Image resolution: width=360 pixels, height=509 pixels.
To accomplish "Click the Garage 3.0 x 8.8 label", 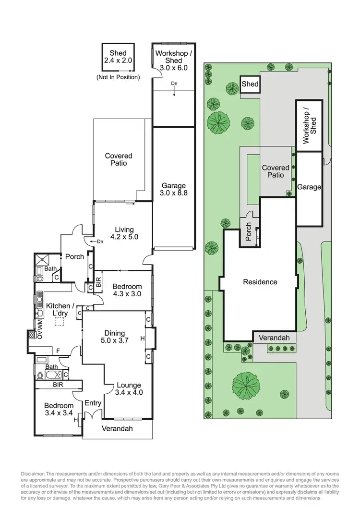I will pyautogui.click(x=173, y=190).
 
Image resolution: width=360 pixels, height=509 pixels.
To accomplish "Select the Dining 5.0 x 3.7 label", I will pyautogui.click(x=114, y=337).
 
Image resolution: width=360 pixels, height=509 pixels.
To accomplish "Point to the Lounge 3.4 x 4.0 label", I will pyautogui.click(x=128, y=389).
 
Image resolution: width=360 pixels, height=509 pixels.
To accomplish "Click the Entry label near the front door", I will pyautogui.click(x=93, y=403).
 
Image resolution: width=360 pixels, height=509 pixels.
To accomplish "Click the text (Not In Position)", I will pyautogui.click(x=118, y=77).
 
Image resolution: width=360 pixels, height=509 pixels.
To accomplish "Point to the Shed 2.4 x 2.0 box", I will pyautogui.click(x=118, y=57).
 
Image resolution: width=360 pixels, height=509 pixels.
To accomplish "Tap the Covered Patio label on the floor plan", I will pyautogui.click(x=119, y=159).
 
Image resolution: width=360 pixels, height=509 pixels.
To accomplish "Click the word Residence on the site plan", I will pyautogui.click(x=260, y=282).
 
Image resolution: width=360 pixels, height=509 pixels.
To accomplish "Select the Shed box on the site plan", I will pyautogui.click(x=250, y=84).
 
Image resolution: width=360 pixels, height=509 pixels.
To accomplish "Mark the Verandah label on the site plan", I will pyautogui.click(x=274, y=338).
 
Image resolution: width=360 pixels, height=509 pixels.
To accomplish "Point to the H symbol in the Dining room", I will pyautogui.click(x=142, y=339).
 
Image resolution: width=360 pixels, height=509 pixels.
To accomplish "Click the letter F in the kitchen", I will pyautogui.click(x=59, y=350).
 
